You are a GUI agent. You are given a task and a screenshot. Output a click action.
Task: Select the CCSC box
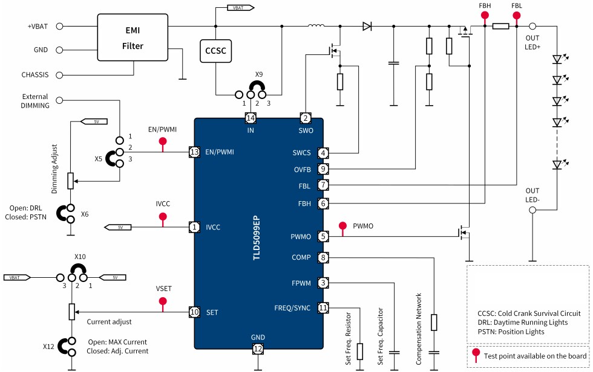[x=215, y=52]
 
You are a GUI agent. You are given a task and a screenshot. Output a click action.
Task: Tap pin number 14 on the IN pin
[x=250, y=118]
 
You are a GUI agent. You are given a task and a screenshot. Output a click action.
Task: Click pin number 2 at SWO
[x=306, y=118]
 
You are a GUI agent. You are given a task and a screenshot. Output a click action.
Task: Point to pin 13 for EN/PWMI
[x=194, y=152]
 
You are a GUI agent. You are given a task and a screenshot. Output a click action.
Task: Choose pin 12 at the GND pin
[x=258, y=348]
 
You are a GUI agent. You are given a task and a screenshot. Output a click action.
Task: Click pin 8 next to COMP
[x=324, y=258]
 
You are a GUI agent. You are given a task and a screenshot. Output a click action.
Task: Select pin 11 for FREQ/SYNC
[x=324, y=308]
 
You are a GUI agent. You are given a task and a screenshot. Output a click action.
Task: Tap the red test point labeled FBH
[x=485, y=17]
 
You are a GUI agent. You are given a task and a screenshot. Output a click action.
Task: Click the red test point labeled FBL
[x=517, y=17]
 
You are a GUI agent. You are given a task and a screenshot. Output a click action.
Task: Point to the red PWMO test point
[x=342, y=226]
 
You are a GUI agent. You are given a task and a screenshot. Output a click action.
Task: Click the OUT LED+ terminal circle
[x=533, y=27]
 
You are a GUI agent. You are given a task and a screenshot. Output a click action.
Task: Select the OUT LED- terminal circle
[x=533, y=210]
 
